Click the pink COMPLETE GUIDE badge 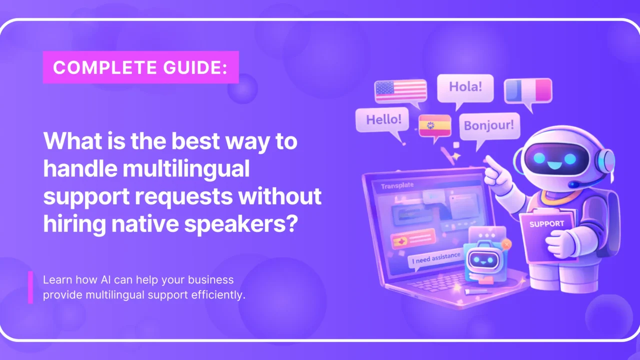click(140, 67)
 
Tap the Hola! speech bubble click(465, 87)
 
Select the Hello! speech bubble click(383, 120)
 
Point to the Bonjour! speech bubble click(488, 124)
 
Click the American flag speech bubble click(400, 91)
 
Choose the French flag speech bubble click(528, 90)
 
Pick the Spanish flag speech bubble click(434, 125)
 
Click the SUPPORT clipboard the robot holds click(546, 230)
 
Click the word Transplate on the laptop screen click(397, 186)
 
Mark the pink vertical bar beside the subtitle click(30, 287)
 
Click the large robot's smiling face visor click(555, 159)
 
